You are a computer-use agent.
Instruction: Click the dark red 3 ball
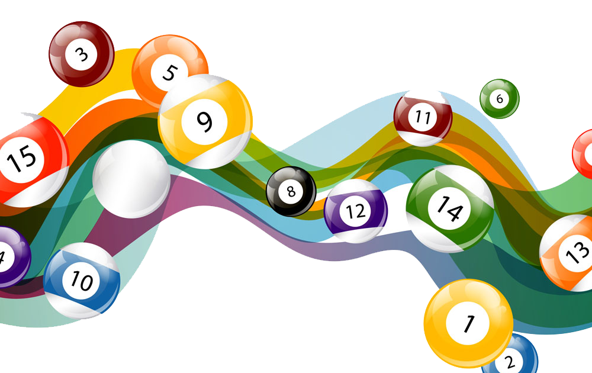click(x=81, y=54)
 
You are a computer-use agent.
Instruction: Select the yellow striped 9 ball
click(x=205, y=121)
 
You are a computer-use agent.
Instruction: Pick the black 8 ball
click(x=291, y=191)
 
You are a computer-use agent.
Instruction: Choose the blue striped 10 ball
click(x=82, y=280)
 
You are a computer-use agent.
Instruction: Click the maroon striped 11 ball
click(x=423, y=117)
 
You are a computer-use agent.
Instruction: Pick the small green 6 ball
click(x=499, y=99)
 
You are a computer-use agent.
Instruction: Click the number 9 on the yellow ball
click(x=204, y=122)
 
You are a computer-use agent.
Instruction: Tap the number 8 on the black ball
click(x=291, y=191)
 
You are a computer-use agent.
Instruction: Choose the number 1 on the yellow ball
click(x=468, y=324)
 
